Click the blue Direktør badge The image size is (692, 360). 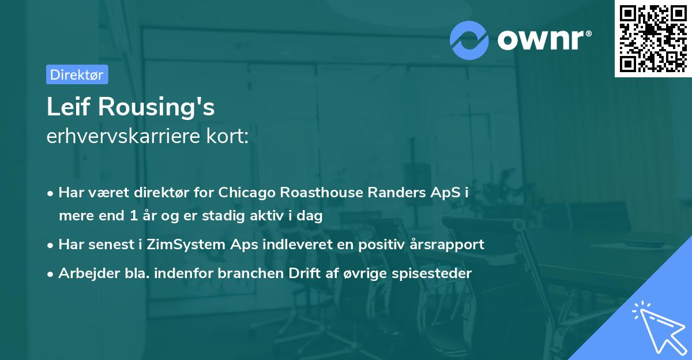77,74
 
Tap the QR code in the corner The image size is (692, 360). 653,38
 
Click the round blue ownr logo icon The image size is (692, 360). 469,40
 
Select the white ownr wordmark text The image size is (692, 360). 544,40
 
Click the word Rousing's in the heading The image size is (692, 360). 156,107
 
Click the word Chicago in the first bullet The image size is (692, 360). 247,193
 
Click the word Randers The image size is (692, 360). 397,192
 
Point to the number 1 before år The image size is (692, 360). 134,215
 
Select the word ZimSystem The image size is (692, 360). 186,245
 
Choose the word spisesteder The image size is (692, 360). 431,273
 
